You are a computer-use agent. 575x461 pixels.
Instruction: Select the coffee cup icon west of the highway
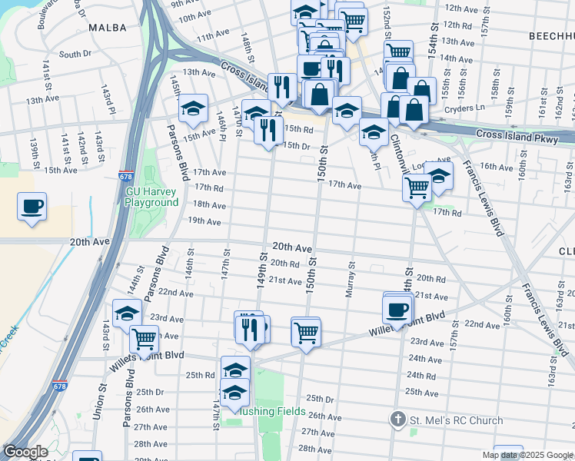pos(32,207)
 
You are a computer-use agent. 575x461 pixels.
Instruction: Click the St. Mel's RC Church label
pos(457,420)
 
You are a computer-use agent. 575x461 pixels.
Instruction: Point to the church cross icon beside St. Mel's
pos(397,420)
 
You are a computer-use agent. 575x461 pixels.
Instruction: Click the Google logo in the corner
pos(25,452)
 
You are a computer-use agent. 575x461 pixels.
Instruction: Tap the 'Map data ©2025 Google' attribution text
pos(527,455)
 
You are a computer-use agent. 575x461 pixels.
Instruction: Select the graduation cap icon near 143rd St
pos(127,313)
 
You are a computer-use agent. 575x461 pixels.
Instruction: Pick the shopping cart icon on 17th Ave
pos(417,186)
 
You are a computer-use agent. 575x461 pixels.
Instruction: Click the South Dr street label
pos(75,55)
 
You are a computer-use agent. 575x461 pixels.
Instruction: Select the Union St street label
pos(98,403)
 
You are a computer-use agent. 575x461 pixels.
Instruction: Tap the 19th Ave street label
pos(204,221)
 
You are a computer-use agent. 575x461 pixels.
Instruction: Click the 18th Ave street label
pos(209,205)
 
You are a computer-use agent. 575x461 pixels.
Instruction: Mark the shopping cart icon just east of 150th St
pos(306,332)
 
